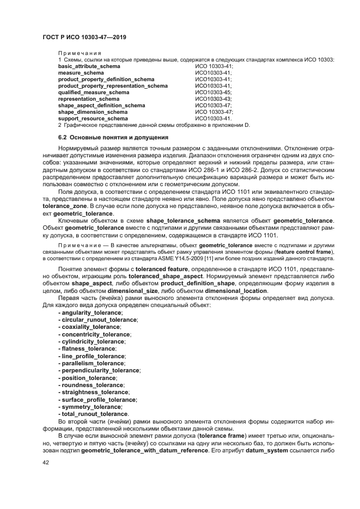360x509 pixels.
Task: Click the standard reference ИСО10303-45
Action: [213, 92]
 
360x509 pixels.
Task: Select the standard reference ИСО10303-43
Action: [213, 99]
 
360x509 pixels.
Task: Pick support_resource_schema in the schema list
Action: [93, 118]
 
